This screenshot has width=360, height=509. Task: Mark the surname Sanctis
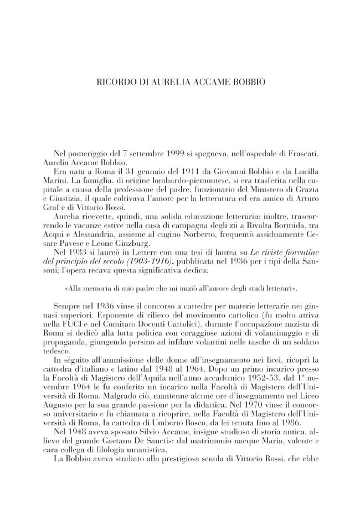click(x=183, y=452)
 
